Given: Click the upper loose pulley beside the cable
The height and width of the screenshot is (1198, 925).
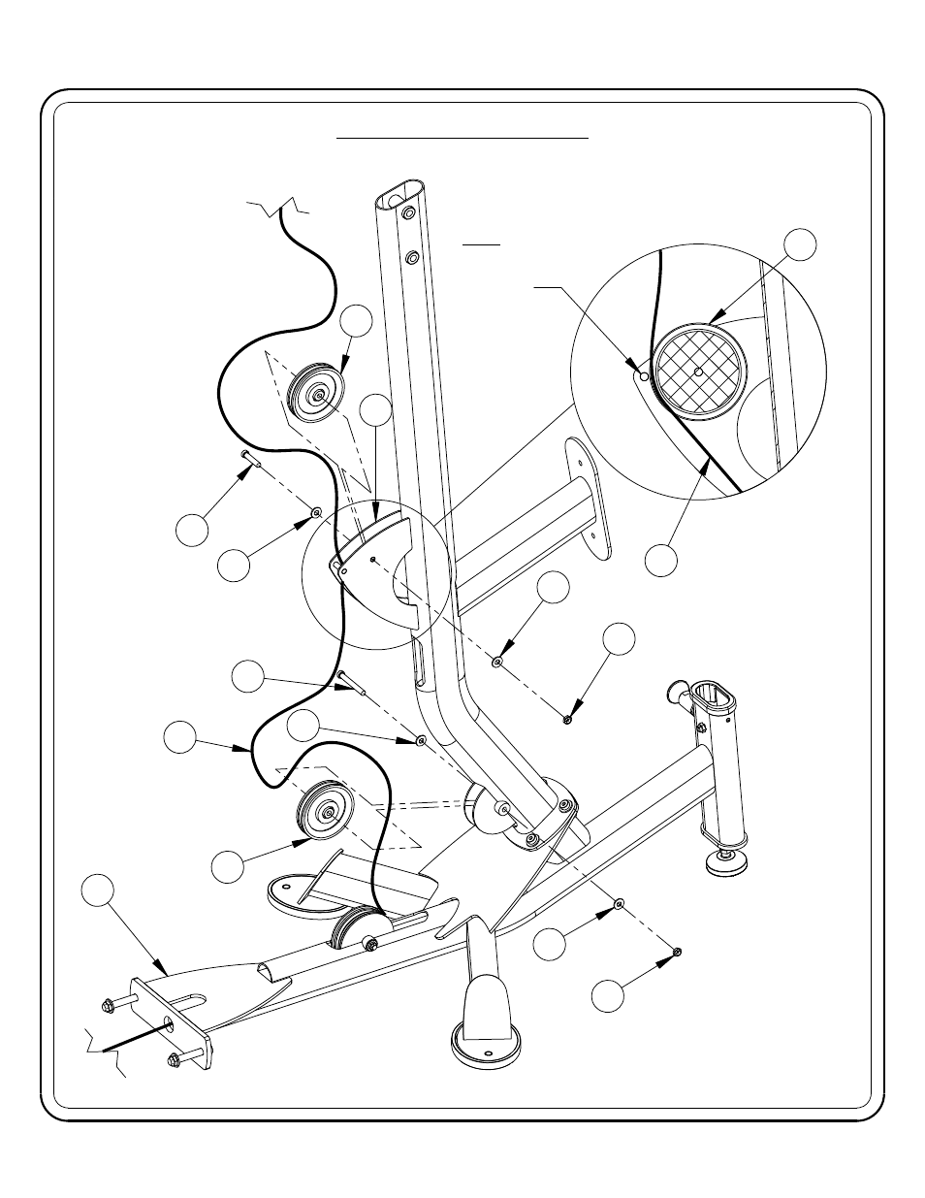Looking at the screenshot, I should click(315, 395).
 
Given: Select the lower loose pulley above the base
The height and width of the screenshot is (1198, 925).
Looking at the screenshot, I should click(327, 812).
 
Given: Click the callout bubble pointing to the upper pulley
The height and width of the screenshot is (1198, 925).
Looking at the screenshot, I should click(356, 320).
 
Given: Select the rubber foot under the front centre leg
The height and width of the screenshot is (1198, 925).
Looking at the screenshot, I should click(488, 1047).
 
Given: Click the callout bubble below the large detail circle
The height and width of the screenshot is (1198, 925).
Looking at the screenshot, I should click(663, 560).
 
